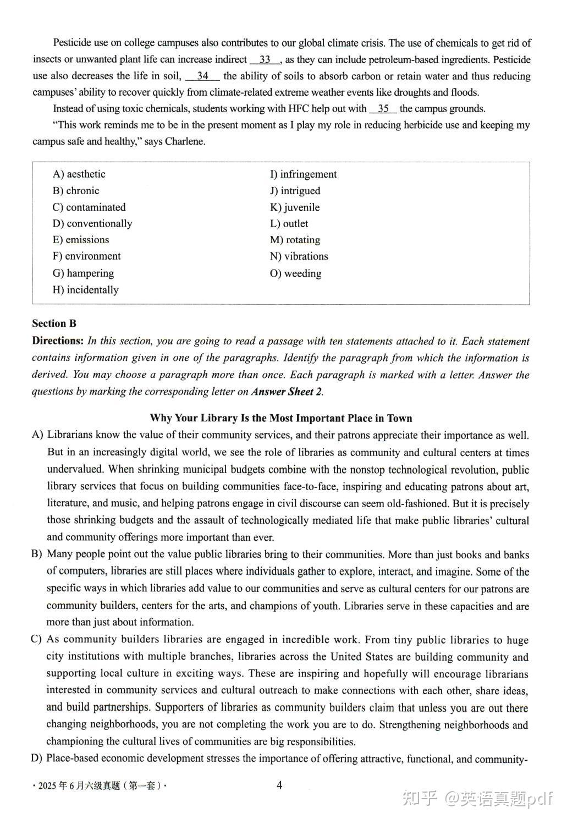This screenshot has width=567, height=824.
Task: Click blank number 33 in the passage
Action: tap(265, 59)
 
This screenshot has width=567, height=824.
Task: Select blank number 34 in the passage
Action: tap(202, 76)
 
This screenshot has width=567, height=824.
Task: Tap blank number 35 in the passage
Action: tap(383, 108)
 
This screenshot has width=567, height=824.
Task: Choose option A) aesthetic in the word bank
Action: tap(79, 174)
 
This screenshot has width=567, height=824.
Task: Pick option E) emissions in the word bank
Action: tap(81, 240)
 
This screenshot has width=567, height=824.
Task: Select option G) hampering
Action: tap(83, 273)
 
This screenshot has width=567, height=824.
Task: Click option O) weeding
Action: tap(295, 273)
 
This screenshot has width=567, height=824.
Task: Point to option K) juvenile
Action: tap(294, 207)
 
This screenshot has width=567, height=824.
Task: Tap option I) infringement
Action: tap(303, 174)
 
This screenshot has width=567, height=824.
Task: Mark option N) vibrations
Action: tap(299, 256)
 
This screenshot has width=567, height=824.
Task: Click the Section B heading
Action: tap(54, 323)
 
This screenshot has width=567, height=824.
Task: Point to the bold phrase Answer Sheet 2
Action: tap(286, 392)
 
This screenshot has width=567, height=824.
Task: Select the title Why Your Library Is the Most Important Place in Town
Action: tap(281, 418)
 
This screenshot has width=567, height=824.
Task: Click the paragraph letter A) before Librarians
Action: tap(37, 435)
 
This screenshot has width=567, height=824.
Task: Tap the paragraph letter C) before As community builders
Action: tap(37, 639)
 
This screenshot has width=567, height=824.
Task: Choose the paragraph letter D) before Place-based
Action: tap(37, 759)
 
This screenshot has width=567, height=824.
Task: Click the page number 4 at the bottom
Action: tap(279, 785)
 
